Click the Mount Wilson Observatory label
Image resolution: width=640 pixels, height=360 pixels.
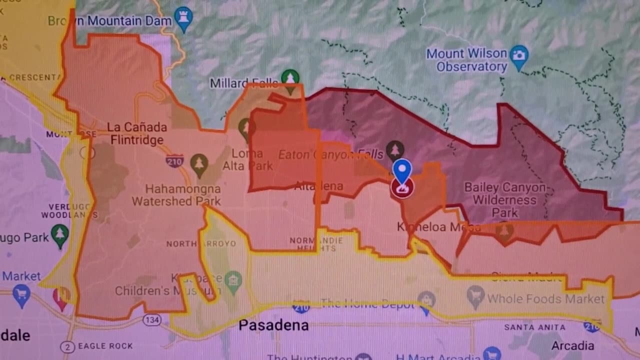click(466, 60)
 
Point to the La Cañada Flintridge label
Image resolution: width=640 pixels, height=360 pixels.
click(136, 133)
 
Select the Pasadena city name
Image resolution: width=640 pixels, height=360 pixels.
click(273, 326)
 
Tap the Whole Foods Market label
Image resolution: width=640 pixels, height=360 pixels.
click(546, 299)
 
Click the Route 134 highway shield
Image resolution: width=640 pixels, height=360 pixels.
click(151, 319)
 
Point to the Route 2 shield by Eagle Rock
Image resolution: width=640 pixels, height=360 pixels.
click(67, 346)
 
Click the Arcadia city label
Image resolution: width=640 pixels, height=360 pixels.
click(572, 345)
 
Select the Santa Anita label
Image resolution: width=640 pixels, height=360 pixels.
click(534, 327)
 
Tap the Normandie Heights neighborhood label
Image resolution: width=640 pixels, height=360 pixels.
click(316, 244)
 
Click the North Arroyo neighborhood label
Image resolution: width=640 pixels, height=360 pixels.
click(201, 244)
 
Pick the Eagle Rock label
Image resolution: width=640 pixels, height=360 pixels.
click(105, 346)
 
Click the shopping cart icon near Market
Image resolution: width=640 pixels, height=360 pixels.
click(21, 294)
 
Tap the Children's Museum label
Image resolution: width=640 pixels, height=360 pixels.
click(167, 290)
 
